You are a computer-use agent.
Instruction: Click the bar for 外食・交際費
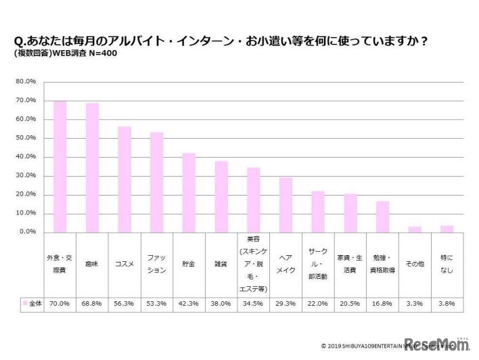60,166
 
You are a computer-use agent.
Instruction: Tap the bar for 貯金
189,192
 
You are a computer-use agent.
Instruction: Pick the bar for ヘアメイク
286,204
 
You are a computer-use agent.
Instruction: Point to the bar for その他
415,229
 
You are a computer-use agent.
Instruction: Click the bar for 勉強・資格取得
382,217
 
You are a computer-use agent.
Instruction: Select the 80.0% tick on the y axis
25,82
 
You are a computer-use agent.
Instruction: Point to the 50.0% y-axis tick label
25,138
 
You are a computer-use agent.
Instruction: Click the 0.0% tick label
26,232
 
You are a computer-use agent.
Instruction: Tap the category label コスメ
124,264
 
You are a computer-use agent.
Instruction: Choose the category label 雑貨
221,264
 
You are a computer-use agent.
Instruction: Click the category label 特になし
447,264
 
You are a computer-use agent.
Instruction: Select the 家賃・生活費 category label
350,264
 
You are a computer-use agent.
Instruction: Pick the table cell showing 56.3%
124,304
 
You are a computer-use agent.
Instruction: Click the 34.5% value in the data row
254,304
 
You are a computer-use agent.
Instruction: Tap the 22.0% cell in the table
318,304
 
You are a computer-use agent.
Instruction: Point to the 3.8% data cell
447,304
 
